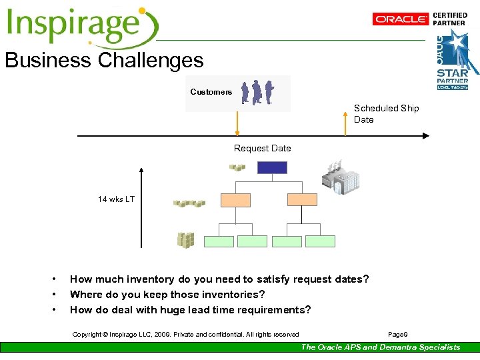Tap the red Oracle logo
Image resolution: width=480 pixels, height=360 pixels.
click(x=401, y=19)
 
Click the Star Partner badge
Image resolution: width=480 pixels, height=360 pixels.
click(x=453, y=60)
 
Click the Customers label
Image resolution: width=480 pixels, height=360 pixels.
click(x=211, y=92)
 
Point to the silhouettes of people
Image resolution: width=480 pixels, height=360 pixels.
click(x=257, y=92)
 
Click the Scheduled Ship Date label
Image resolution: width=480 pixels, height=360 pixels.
click(x=386, y=114)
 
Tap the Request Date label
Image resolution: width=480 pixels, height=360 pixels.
click(x=262, y=148)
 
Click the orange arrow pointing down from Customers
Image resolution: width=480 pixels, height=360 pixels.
click(x=237, y=123)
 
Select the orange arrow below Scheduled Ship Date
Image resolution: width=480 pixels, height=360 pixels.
click(x=345, y=124)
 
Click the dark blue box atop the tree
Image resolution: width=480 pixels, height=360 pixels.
click(x=272, y=168)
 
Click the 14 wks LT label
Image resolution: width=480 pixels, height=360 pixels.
click(x=116, y=199)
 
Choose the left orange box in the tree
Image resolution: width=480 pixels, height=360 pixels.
click(x=235, y=199)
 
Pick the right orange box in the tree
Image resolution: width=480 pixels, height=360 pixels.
click(x=302, y=199)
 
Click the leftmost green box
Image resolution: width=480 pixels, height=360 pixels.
click(x=219, y=241)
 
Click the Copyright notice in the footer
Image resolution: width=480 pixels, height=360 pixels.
click(x=185, y=334)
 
